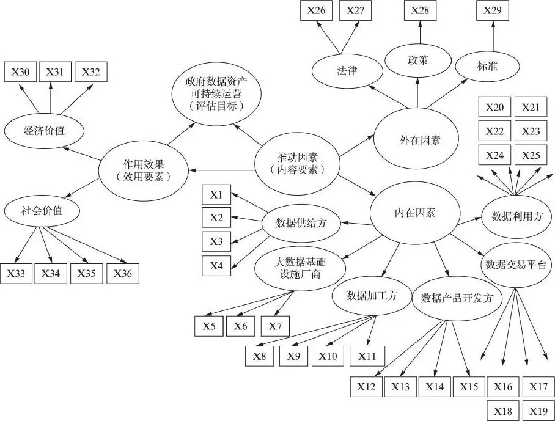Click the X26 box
(x=315, y=10)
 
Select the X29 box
(x=493, y=10)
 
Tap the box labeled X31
(x=55, y=72)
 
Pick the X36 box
(x=122, y=273)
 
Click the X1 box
(x=216, y=196)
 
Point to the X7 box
(x=274, y=326)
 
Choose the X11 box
(x=367, y=356)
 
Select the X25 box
(x=531, y=155)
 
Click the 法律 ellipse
(x=347, y=71)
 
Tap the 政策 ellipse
(x=417, y=60)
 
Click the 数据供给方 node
(x=301, y=223)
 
